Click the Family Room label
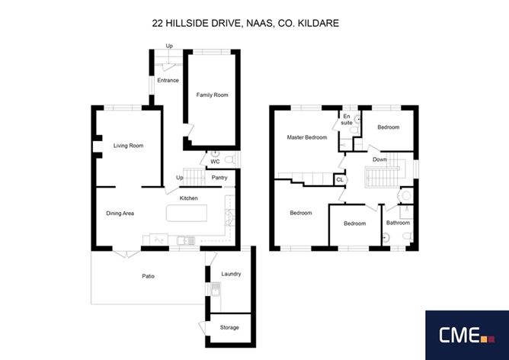pos(212,95)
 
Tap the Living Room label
pos(128,146)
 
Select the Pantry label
pos(219,178)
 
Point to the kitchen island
pos(187,213)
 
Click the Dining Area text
pos(120,214)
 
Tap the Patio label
pos(148,276)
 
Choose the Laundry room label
pos(231,274)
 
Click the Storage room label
pos(229,327)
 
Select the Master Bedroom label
pos(307,137)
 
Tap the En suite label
pos(347,120)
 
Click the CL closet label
pos(340,180)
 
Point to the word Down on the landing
pos(379,159)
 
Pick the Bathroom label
pos(398,223)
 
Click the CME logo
pos(467,335)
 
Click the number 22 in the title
pos(158,23)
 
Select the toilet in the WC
pos(229,159)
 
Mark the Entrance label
pos(168,80)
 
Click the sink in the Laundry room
pos(216,289)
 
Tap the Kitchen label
pos(189,198)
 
